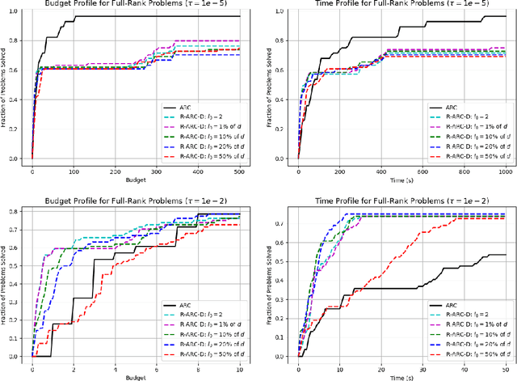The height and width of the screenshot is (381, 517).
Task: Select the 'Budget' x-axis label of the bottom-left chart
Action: click(x=136, y=376)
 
